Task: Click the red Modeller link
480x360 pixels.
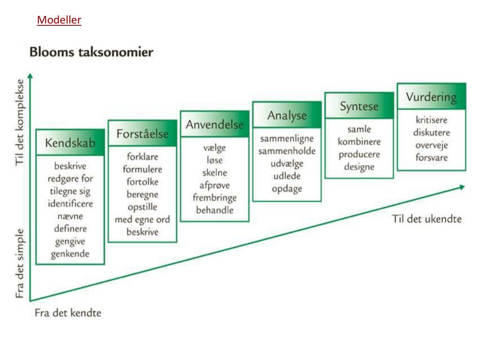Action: coord(59,20)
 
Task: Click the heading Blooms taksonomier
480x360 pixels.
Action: coord(91,52)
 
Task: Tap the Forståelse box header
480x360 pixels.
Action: coord(142,134)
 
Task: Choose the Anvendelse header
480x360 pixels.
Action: coord(215,125)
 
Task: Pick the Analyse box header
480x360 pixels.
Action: coord(287,115)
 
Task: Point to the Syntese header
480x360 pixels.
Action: coord(359,106)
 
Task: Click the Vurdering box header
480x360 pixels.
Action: coord(431,97)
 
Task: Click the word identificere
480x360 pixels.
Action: coord(70,204)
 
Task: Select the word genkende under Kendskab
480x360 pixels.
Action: coord(70,255)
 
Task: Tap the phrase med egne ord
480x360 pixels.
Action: coord(142,220)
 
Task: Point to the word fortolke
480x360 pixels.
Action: coord(142,182)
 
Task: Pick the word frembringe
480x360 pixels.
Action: coord(215,197)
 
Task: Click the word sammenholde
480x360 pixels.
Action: coord(287,151)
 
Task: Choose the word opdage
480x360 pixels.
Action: coord(287,189)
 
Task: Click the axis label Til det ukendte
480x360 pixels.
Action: coord(427,219)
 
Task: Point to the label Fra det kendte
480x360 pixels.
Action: coord(68,313)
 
